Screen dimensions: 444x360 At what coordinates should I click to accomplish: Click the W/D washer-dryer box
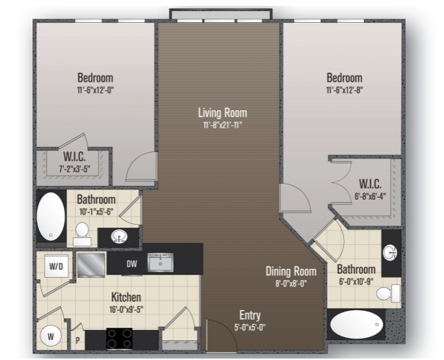coord(56,266)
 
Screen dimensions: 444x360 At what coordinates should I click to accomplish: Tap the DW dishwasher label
coord(131,264)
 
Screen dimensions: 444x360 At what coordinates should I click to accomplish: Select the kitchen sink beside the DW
coord(160,262)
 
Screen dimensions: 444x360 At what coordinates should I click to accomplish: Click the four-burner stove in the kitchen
coord(119,339)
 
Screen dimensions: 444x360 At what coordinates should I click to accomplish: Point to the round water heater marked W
coord(51,336)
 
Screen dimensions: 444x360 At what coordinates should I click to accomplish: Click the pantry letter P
coord(78,340)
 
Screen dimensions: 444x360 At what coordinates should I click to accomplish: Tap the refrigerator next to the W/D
coord(91,265)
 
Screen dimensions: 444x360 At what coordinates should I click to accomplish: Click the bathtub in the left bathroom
coord(51,217)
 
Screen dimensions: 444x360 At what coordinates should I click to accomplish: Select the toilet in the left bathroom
coord(82,234)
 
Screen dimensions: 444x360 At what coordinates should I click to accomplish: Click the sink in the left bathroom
coord(119,236)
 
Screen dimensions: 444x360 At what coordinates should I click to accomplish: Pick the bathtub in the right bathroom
coord(356,324)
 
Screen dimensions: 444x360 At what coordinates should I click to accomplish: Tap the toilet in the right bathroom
coord(388,293)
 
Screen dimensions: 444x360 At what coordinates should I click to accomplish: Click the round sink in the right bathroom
coord(390,253)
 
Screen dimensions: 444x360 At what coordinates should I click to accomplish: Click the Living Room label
coord(222,112)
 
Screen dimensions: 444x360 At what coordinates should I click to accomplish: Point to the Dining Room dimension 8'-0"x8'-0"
coord(291,283)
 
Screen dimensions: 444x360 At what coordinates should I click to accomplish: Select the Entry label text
coord(250,315)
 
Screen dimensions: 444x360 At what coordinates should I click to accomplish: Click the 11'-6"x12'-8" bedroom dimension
coord(344,90)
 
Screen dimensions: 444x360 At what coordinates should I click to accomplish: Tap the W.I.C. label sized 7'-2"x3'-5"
coord(74,156)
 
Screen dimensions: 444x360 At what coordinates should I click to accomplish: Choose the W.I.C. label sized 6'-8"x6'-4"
coord(370,184)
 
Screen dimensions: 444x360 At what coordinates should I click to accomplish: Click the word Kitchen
coord(126,297)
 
